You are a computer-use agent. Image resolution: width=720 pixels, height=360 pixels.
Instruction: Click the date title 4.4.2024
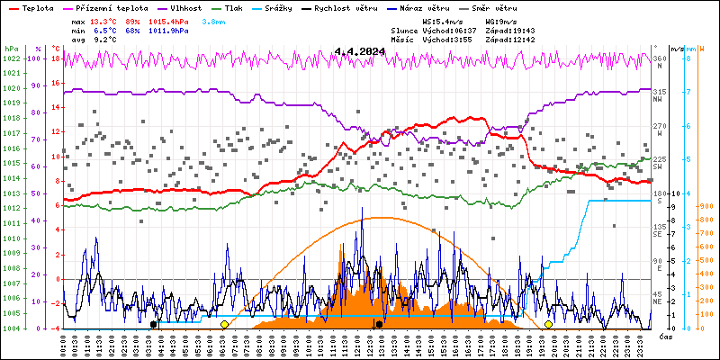359,51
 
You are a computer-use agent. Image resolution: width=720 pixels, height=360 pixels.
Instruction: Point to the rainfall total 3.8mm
213,21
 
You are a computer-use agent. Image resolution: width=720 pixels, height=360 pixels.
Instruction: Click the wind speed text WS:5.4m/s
443,21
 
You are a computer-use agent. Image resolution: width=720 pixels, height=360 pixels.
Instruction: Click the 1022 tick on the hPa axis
12,58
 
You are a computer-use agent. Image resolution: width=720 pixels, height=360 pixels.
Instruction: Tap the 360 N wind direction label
659,60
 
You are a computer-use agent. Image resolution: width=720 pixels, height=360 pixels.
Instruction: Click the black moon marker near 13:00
379,324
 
